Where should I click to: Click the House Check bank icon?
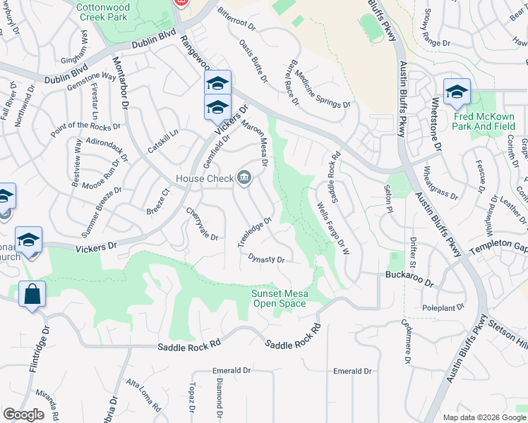(x=244, y=178)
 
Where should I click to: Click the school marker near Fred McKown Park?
(x=457, y=92)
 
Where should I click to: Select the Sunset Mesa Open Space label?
(x=280, y=299)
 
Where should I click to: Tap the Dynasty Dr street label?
(x=267, y=259)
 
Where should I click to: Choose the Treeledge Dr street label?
(x=254, y=233)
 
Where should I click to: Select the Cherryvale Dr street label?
(x=203, y=223)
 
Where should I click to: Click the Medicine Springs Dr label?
(x=323, y=89)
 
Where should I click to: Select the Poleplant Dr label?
(x=443, y=307)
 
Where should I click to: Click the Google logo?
(x=23, y=415)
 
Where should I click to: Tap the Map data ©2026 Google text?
(x=484, y=417)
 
